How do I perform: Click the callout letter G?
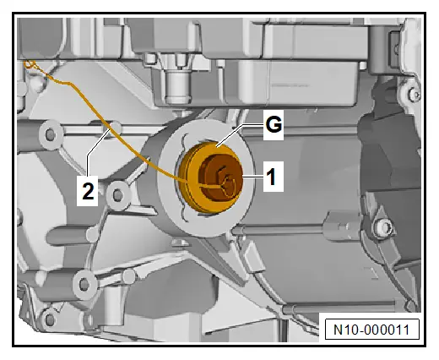pyautogui.click(x=274, y=125)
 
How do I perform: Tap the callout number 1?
pyautogui.click(x=271, y=177)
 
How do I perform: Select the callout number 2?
pyautogui.click(x=88, y=191)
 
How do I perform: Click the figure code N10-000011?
pyautogui.click(x=371, y=330)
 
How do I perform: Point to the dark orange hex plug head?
pyautogui.click(x=220, y=178)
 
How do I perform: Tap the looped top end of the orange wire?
pyautogui.click(x=30, y=65)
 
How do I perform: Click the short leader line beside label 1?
pyautogui.click(x=252, y=177)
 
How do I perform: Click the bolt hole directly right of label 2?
pyautogui.click(x=117, y=195)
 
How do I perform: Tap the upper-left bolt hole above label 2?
pyautogui.click(x=50, y=134)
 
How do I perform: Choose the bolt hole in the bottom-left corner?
pyautogui.click(x=50, y=319)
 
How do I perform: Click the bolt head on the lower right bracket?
pyautogui.click(x=383, y=226)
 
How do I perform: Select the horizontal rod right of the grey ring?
pyautogui.click(x=279, y=231)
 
